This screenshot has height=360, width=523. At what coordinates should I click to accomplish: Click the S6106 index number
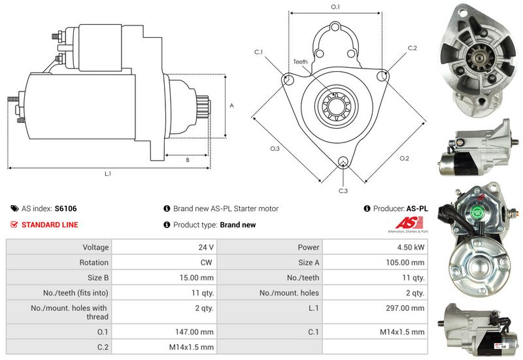pyautogui.click(x=65, y=208)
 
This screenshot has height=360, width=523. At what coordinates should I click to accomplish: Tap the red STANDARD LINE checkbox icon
pyautogui.click(x=14, y=225)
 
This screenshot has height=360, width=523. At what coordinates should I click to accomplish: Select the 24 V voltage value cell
pyautogui.click(x=207, y=248)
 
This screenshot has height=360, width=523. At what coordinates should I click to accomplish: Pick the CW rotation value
pyautogui.click(x=209, y=263)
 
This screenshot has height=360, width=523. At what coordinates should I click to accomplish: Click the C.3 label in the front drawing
pyautogui.click(x=343, y=191)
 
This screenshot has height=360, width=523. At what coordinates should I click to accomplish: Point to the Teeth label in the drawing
pyautogui.click(x=300, y=62)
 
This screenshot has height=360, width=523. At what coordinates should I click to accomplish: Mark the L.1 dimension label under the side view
pyautogui.click(x=108, y=174)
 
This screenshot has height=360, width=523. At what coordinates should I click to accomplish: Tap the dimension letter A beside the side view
pyautogui.click(x=231, y=105)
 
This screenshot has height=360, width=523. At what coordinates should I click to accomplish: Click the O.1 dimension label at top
pyautogui.click(x=335, y=7)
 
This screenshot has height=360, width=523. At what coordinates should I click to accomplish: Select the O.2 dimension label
pyautogui.click(x=404, y=159)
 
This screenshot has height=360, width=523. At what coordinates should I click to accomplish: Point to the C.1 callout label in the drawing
pyautogui.click(x=258, y=52)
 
